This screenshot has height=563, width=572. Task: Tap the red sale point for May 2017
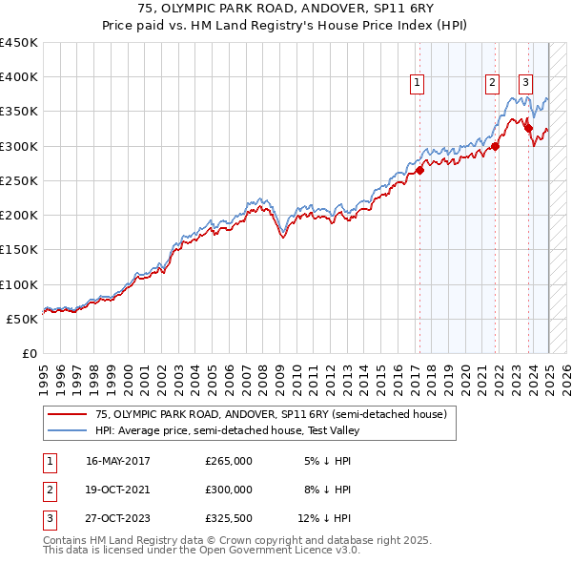(419, 170)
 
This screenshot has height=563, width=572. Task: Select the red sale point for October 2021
(495, 146)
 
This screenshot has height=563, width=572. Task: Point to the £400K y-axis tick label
(19, 77)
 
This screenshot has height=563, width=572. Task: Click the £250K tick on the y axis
(19, 180)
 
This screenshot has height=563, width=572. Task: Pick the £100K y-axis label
(19, 284)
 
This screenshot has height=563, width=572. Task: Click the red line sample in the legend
(67, 414)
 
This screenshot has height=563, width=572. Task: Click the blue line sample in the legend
(67, 430)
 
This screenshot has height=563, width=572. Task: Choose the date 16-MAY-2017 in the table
(118, 461)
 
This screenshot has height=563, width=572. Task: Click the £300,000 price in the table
(229, 490)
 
